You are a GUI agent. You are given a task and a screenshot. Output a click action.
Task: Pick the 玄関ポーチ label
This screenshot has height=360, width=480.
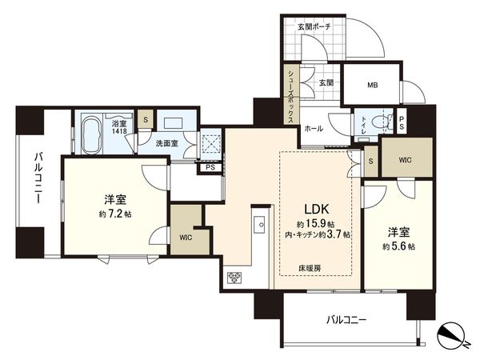click(314, 26)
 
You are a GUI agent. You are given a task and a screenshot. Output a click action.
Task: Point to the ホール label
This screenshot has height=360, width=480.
click(313, 128)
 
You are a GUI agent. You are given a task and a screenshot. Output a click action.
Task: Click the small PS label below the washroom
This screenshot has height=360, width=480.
click(210, 168)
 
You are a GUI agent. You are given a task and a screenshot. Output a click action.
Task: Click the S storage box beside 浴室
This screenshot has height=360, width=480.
click(146, 121)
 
